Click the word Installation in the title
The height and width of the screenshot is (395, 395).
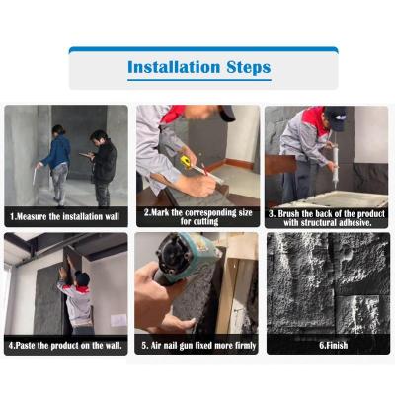[174, 67]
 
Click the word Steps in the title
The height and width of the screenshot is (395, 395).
[249, 68]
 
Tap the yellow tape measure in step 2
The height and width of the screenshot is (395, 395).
[186, 162]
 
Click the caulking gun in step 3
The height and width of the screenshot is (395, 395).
[334, 166]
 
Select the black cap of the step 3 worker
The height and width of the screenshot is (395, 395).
[336, 118]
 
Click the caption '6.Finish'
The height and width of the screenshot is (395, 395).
[333, 345]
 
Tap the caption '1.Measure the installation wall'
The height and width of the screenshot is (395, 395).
[64, 216]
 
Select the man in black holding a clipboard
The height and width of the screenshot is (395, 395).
[103, 168]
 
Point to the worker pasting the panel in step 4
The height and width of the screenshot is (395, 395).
[76, 298]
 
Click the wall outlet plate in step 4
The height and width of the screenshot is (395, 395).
[118, 320]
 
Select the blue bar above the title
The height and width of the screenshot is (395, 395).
[203, 50]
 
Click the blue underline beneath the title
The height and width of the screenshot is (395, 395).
[199, 80]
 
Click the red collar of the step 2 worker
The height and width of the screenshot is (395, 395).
[172, 114]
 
